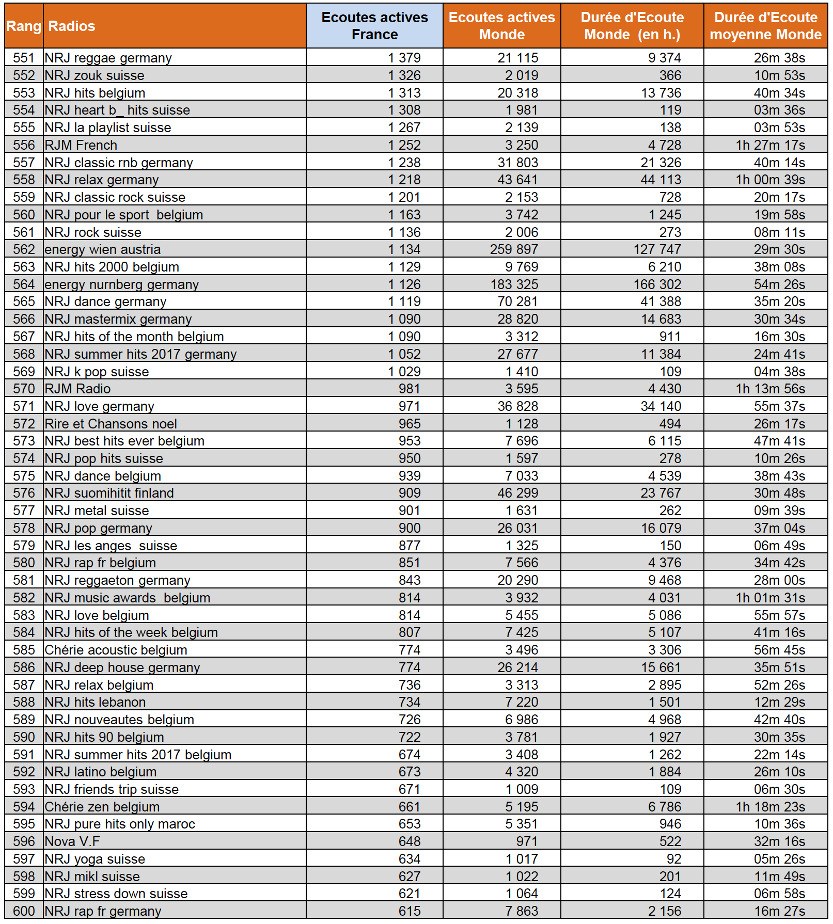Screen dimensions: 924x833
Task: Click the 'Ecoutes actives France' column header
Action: pyautogui.click(x=374, y=26)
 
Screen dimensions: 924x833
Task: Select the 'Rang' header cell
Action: pyautogui.click(x=24, y=26)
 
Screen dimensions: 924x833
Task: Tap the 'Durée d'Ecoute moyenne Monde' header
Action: pyautogui.click(x=765, y=26)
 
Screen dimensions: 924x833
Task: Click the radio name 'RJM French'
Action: pyautogui.click(x=81, y=145)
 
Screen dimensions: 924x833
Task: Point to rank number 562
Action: pyautogui.click(x=24, y=249)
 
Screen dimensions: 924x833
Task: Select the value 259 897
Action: pyautogui.click(x=514, y=249)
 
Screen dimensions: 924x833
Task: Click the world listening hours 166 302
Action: pyautogui.click(x=657, y=284)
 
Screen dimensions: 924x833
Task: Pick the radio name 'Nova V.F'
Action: pyautogui.click(x=72, y=841)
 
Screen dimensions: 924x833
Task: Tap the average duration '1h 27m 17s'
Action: pyautogui.click(x=770, y=145)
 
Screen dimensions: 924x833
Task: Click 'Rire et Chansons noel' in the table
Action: pyautogui.click(x=111, y=424)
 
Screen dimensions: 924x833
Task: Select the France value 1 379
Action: pyautogui.click(x=404, y=58)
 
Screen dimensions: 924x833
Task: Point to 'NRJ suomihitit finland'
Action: pyautogui.click(x=109, y=493)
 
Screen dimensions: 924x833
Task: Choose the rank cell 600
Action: pyautogui.click(x=24, y=911)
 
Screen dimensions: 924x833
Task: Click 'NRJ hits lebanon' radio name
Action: pyautogui.click(x=96, y=702)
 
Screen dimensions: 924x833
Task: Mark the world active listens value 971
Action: pyautogui.click(x=527, y=841)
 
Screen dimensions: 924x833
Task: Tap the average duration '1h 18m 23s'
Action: pyautogui.click(x=770, y=807)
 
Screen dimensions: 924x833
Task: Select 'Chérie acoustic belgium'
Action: pyautogui.click(x=116, y=650)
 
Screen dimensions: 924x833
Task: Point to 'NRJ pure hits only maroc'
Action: pyautogui.click(x=120, y=824)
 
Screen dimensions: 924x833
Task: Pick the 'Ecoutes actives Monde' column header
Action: pyautogui.click(x=501, y=26)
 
